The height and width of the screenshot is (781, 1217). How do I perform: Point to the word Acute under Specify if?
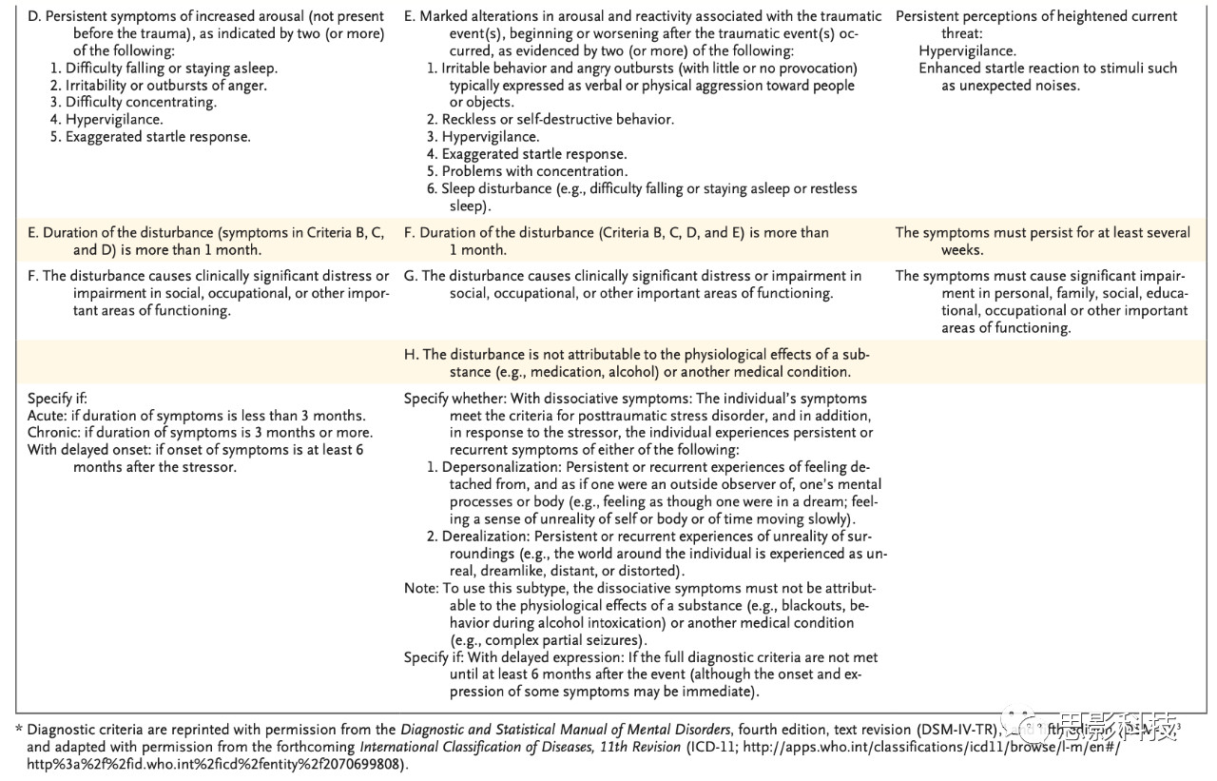click(x=47, y=416)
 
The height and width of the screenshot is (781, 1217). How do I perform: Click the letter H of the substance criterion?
click(x=411, y=354)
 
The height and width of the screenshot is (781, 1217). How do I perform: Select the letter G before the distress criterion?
click(x=411, y=276)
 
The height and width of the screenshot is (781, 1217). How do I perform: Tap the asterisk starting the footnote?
click(x=19, y=731)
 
